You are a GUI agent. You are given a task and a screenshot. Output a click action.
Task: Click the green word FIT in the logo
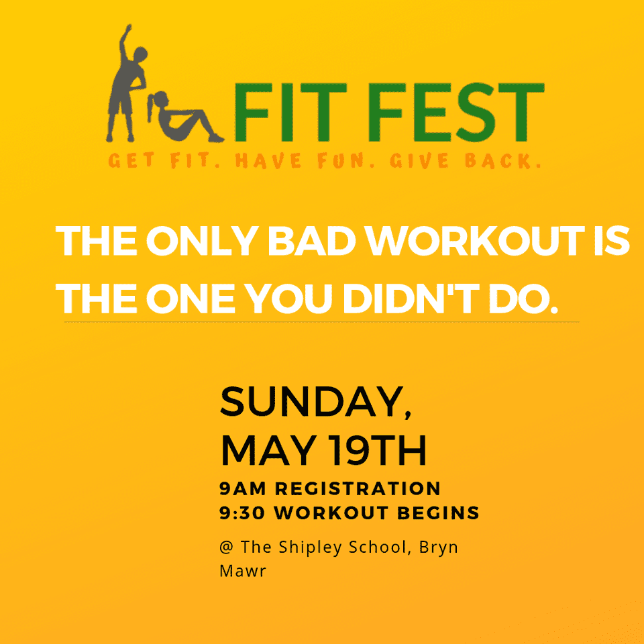(290, 112)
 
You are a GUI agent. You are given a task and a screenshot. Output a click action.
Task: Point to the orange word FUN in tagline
(341, 160)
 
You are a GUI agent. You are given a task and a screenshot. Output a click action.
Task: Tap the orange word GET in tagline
(131, 160)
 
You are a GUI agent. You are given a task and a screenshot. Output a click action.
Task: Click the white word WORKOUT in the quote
(476, 241)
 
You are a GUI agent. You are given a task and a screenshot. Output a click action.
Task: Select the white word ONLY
(202, 241)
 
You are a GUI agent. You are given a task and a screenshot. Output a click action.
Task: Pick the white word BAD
(312, 241)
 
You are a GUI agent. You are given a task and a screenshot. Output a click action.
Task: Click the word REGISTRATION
(358, 489)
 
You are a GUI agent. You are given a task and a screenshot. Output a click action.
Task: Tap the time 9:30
(242, 513)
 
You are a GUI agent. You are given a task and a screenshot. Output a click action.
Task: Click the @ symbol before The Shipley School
(226, 547)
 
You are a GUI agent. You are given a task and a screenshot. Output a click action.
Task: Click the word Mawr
(243, 572)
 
